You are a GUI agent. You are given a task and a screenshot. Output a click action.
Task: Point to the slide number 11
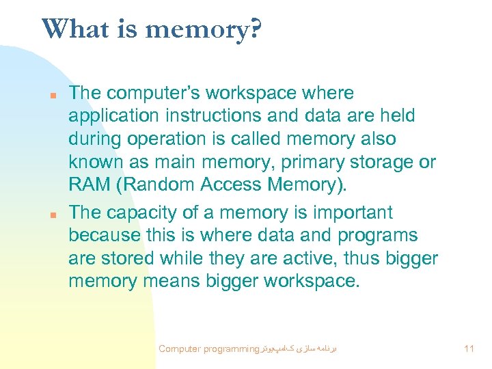click(x=468, y=349)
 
